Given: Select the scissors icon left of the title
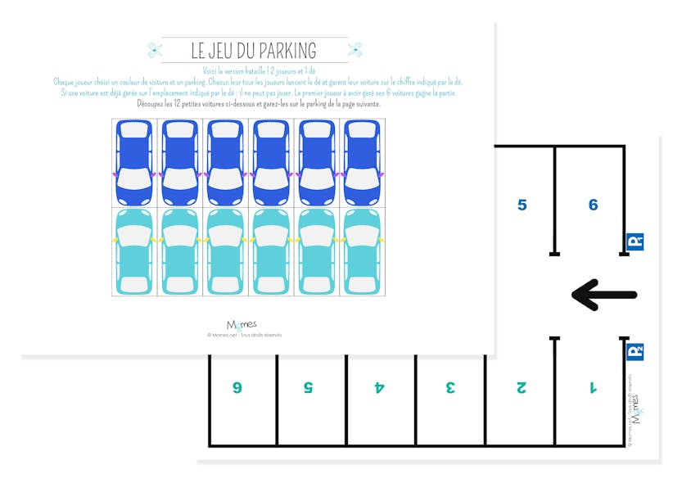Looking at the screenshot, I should click(155, 50).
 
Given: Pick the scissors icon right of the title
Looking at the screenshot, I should click(355, 50).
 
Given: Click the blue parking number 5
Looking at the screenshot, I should click(522, 205).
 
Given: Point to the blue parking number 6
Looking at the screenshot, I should click(593, 205).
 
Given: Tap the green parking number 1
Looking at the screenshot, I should click(593, 387).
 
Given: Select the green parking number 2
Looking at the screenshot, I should click(522, 387).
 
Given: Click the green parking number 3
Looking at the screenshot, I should click(450, 387).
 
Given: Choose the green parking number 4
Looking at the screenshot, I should click(379, 387).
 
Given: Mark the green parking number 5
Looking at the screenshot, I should click(309, 387).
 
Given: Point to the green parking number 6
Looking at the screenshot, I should click(237, 387).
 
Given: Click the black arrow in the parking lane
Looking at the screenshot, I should click(604, 295).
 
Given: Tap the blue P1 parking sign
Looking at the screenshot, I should click(635, 241).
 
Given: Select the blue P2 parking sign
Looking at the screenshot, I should click(635, 351).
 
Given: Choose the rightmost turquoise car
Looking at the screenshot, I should click(360, 251).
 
